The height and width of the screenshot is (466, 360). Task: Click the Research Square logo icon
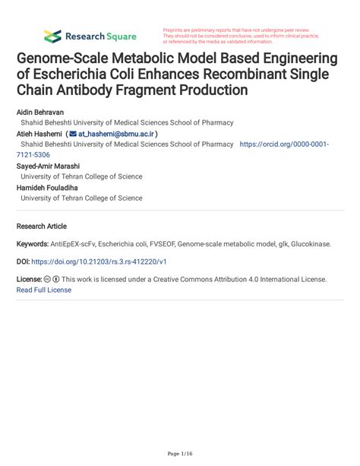point(52,36)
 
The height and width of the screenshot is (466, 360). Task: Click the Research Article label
point(41,226)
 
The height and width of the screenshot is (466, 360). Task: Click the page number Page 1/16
point(180,453)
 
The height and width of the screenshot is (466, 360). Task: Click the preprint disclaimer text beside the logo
point(243,36)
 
